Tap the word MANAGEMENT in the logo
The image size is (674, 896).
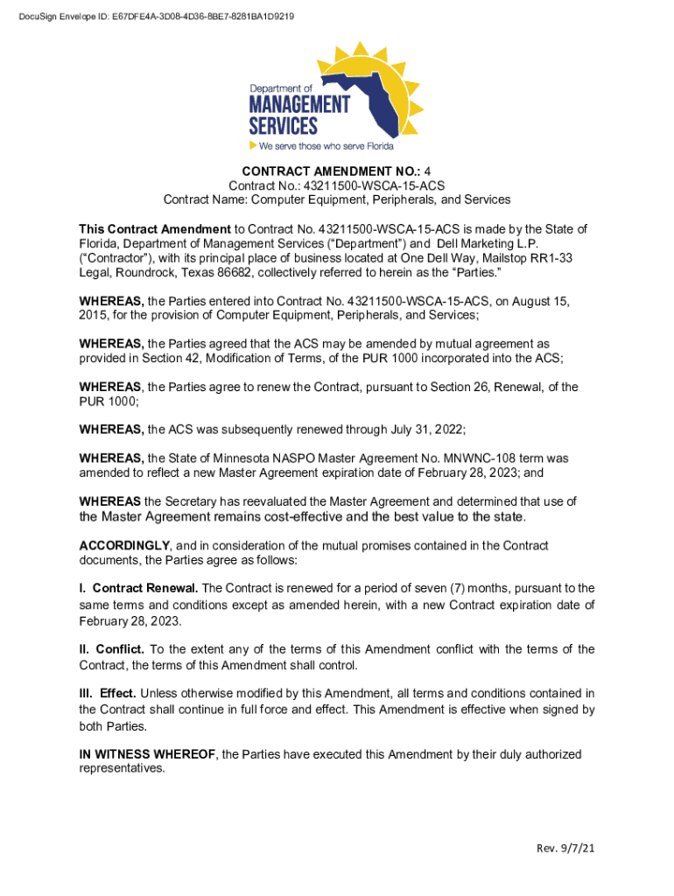[x=299, y=104]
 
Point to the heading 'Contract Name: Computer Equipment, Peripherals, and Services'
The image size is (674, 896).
[x=337, y=199]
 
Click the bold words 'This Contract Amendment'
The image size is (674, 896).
[x=155, y=229]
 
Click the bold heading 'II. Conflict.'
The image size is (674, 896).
[x=112, y=649]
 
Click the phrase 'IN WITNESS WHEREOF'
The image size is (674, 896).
[x=146, y=754]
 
